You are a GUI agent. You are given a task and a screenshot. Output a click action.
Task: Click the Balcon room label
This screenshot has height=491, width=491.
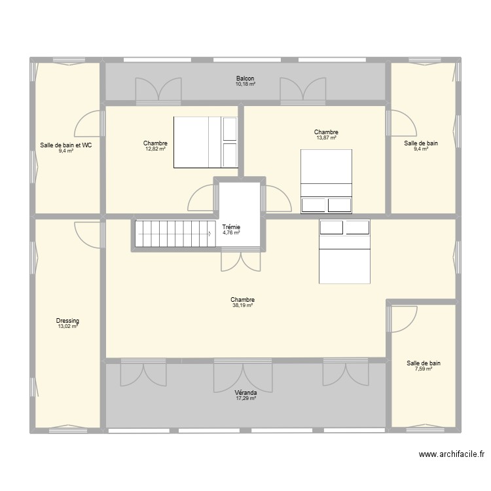(245, 79)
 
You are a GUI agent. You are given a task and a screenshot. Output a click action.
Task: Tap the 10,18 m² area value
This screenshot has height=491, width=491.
(245, 84)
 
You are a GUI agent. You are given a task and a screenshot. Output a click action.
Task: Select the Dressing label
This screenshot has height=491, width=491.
(67, 321)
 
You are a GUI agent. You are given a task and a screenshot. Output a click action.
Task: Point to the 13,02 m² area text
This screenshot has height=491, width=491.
(67, 326)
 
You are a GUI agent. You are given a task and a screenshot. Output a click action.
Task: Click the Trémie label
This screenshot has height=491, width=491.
(231, 227)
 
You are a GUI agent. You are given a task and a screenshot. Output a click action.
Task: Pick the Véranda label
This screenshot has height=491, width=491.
(245, 392)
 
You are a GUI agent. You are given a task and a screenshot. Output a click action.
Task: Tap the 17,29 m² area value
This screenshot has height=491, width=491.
(245, 398)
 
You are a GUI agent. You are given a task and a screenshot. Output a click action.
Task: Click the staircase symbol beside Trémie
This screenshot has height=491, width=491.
(175, 233)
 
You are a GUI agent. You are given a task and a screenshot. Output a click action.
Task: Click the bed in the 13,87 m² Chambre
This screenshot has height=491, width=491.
(326, 181)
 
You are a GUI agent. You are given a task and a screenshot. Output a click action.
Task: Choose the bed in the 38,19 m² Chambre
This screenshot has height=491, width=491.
(344, 251)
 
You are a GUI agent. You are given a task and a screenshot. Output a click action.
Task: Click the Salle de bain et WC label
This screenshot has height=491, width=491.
(65, 145)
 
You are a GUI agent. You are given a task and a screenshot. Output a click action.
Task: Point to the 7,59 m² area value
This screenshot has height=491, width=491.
(424, 369)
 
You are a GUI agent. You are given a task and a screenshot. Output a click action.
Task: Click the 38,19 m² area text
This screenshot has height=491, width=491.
(242, 305)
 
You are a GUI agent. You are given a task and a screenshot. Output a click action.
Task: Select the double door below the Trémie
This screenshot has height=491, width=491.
(241, 261)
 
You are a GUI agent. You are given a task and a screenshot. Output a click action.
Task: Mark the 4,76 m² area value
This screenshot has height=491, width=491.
(231, 232)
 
